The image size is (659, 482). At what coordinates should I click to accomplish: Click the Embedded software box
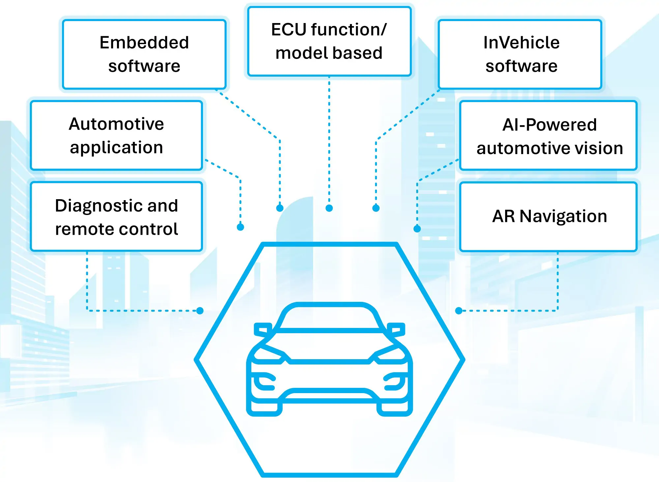[144, 54]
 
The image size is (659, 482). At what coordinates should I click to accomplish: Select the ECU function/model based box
[329, 41]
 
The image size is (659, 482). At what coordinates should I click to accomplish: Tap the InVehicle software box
[521, 54]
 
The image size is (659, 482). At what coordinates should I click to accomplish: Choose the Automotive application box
[116, 135]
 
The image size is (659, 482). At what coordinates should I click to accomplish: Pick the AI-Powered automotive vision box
[549, 136]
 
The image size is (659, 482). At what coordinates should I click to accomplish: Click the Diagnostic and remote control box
[116, 217]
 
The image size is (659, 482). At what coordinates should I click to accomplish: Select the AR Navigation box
[549, 217]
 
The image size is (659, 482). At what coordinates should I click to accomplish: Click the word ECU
[289, 30]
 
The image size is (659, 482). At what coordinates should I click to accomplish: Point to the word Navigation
[563, 216]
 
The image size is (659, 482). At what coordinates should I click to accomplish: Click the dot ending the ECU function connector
[329, 208]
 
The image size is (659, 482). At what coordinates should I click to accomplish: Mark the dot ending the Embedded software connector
[280, 208]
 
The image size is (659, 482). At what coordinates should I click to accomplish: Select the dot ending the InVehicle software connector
[376, 208]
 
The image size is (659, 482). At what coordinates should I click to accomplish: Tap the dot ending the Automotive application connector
[241, 227]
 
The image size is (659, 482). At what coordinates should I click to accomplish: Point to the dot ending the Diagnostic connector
[200, 310]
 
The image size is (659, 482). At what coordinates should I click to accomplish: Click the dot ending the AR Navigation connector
[459, 310]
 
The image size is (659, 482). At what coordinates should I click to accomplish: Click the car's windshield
[329, 318]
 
